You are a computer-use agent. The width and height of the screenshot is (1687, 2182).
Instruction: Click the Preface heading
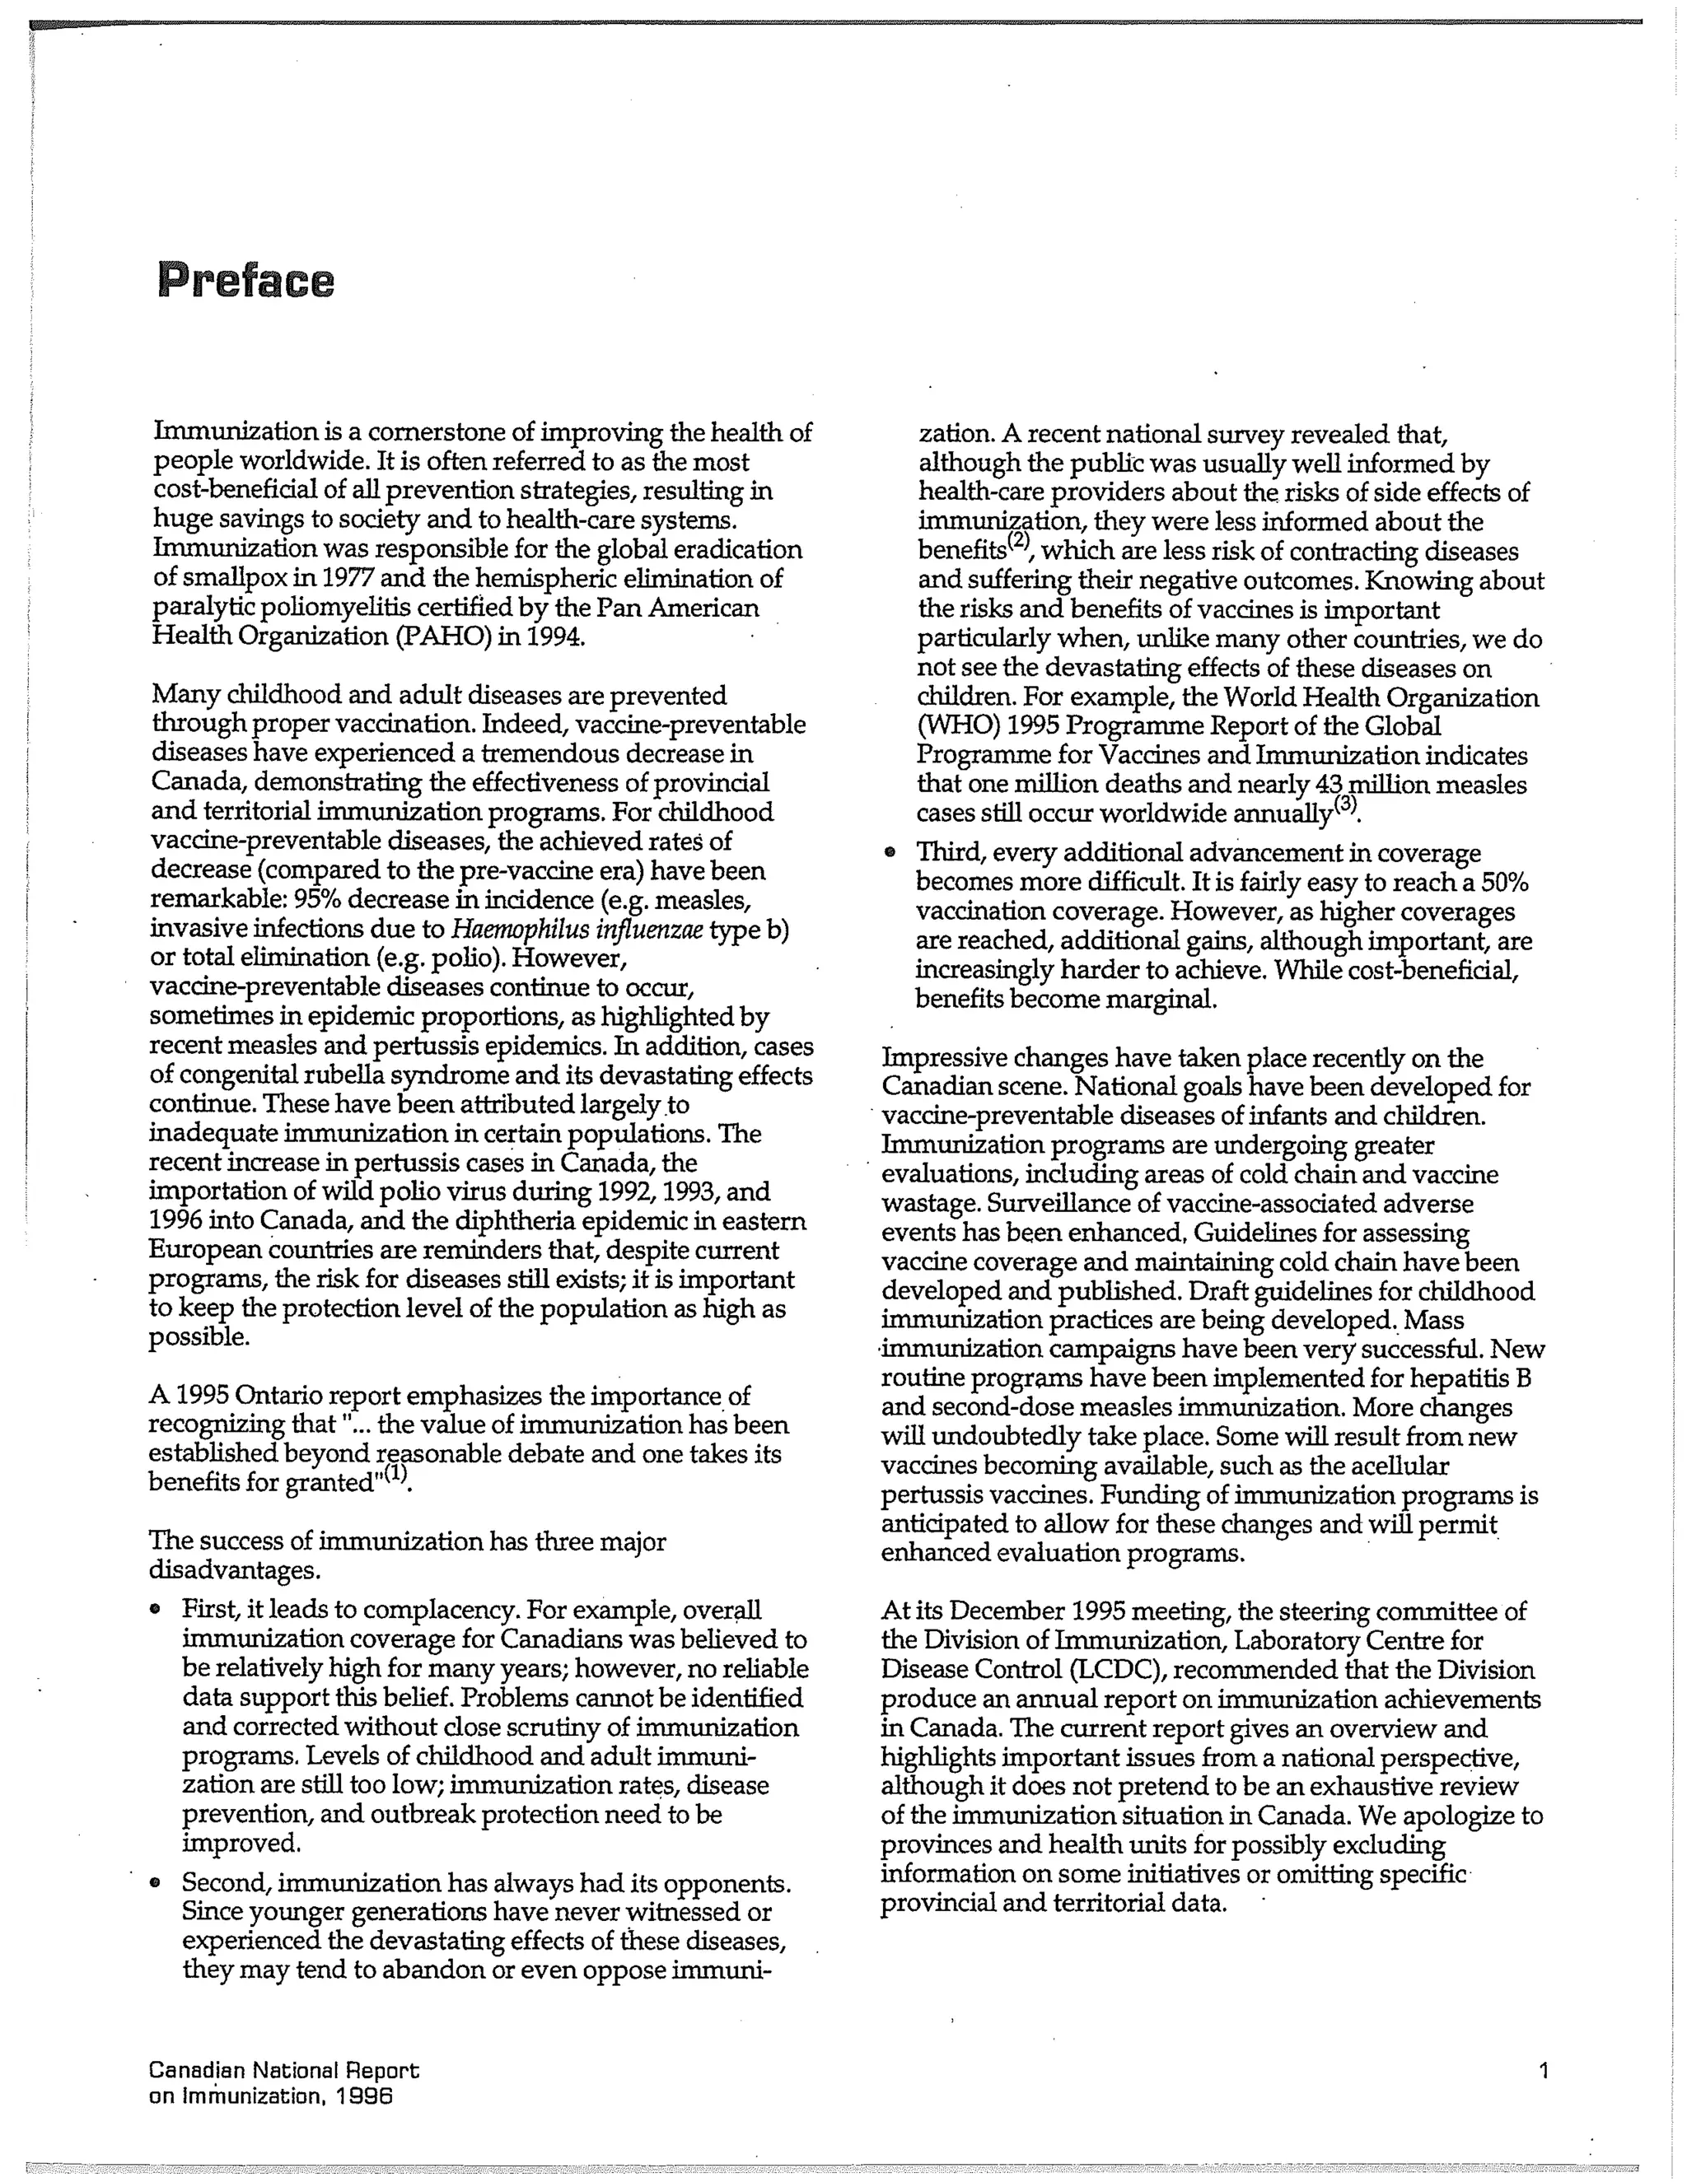click(x=245, y=281)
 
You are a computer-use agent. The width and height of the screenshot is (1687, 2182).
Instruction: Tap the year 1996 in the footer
click(x=364, y=2096)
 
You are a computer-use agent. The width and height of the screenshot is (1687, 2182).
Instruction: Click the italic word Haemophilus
click(x=509, y=929)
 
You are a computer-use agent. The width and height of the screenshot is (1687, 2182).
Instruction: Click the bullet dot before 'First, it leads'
click(x=154, y=1611)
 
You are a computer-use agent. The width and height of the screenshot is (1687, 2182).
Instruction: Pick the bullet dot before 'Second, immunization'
click(x=154, y=1883)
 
